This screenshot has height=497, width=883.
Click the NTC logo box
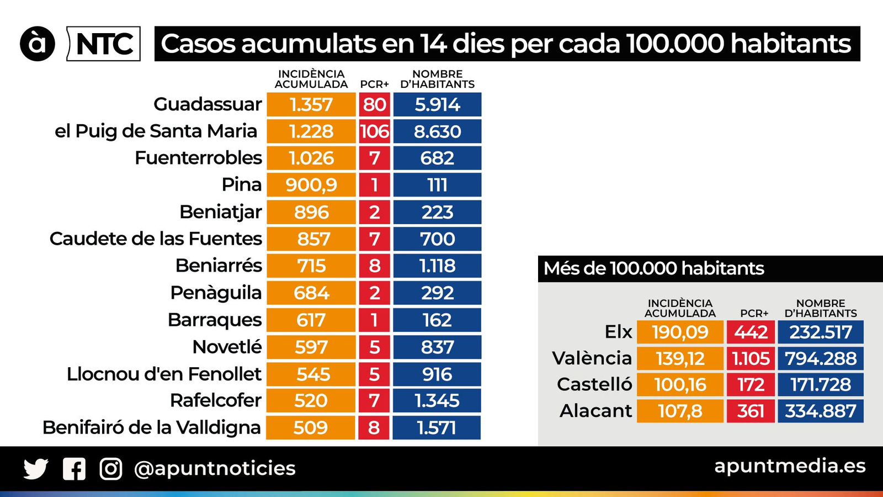pyautogui.click(x=104, y=44)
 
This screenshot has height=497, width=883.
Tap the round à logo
pyautogui.click(x=38, y=44)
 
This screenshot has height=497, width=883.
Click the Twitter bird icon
pyautogui.click(x=36, y=469)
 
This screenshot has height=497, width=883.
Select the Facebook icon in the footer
pyautogui.click(x=74, y=469)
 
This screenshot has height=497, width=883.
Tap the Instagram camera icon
pyautogui.click(x=111, y=469)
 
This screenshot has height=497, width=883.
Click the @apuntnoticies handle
pyautogui.click(x=215, y=468)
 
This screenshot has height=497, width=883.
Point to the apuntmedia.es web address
pyautogui.click(x=790, y=466)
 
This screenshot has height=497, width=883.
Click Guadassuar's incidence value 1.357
pyautogui.click(x=311, y=104)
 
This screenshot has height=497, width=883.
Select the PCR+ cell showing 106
pyautogui.click(x=374, y=131)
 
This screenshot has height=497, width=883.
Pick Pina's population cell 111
pyautogui.click(x=437, y=185)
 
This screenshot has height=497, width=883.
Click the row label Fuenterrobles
pyautogui.click(x=198, y=158)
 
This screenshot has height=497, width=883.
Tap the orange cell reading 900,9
pyautogui.click(x=311, y=185)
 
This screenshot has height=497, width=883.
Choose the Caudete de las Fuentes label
pyautogui.click(x=156, y=239)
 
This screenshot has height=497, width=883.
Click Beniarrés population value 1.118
pyautogui.click(x=437, y=266)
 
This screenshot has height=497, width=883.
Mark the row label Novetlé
pyautogui.click(x=227, y=347)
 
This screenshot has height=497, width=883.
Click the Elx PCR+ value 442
pyautogui.click(x=751, y=332)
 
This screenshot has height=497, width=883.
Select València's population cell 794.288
pyautogui.click(x=821, y=358)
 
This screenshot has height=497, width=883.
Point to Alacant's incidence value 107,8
pyautogui.click(x=680, y=411)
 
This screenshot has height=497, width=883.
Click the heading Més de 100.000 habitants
pyautogui.click(x=654, y=268)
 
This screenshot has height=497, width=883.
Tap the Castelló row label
pyautogui.click(x=594, y=384)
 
